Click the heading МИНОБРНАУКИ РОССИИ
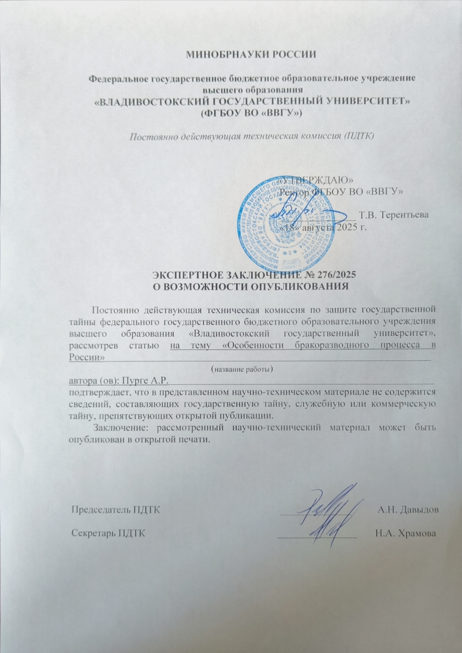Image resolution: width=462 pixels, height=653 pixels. [x=251, y=55]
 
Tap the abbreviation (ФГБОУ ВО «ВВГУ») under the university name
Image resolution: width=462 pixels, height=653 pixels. [x=252, y=113]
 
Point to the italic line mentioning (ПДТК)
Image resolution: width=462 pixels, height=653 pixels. [x=252, y=137]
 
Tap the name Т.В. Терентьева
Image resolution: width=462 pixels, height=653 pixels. [x=394, y=215]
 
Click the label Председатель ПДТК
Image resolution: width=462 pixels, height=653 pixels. [x=115, y=509]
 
